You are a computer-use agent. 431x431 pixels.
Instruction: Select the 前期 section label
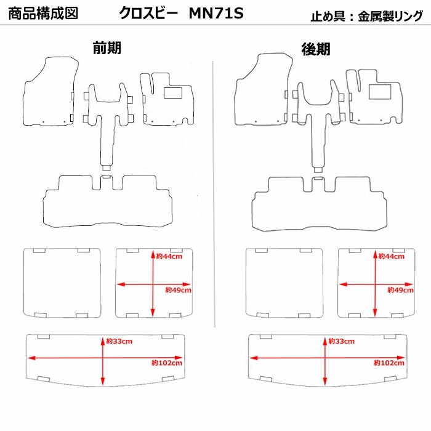[x=107, y=48]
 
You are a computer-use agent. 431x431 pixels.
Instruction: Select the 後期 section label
[x=315, y=49]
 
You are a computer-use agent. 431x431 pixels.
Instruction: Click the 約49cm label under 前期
[x=178, y=289]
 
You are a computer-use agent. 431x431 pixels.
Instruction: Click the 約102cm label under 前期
[x=168, y=363]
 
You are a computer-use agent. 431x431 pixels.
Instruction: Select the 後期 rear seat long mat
[x=318, y=207]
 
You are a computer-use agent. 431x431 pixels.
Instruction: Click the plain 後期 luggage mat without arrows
[x=284, y=283]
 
